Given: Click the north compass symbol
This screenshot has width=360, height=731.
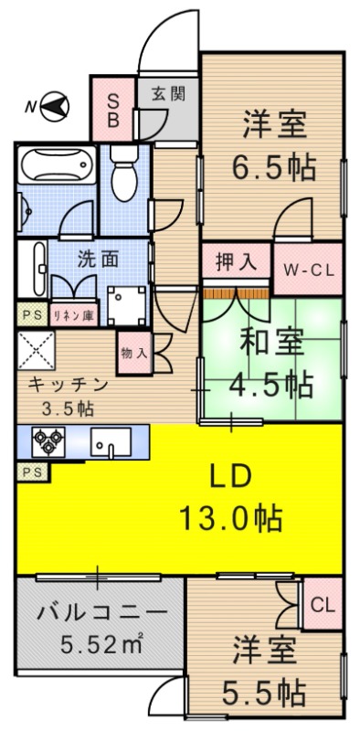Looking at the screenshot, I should click(x=57, y=107).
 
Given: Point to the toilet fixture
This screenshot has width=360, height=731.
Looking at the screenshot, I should click(x=122, y=173).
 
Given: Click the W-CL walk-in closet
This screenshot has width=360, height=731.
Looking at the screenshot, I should click(x=308, y=269).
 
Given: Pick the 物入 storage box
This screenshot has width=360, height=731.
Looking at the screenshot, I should click(x=132, y=352).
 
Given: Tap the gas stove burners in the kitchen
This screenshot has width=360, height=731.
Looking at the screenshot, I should click(x=44, y=443).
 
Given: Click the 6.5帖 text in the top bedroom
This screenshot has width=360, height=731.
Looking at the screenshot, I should click(x=273, y=167).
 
